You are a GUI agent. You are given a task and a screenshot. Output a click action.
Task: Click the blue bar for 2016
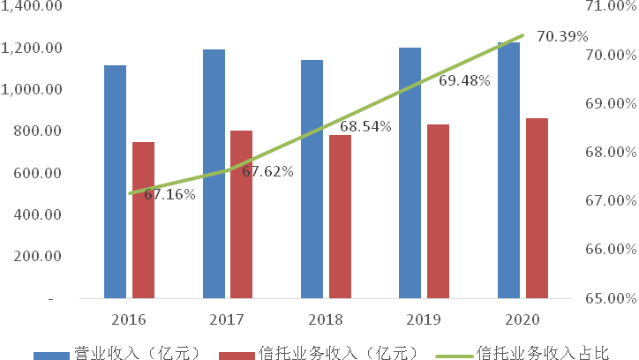click(115, 181)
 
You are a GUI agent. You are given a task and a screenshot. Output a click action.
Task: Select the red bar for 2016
click(143, 220)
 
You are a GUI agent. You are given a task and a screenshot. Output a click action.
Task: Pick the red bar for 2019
click(438, 211)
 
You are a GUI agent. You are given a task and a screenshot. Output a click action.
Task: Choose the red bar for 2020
click(537, 208)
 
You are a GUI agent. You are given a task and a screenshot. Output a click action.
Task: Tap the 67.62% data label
click(267, 171)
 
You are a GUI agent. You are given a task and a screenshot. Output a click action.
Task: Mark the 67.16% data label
click(169, 194)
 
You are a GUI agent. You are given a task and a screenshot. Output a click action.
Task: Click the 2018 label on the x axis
click(325, 318)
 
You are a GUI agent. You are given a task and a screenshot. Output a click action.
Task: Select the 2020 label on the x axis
click(522, 318)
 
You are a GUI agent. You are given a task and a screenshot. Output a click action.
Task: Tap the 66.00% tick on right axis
click(610, 250)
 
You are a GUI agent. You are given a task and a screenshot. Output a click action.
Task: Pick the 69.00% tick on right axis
click(610, 104)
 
